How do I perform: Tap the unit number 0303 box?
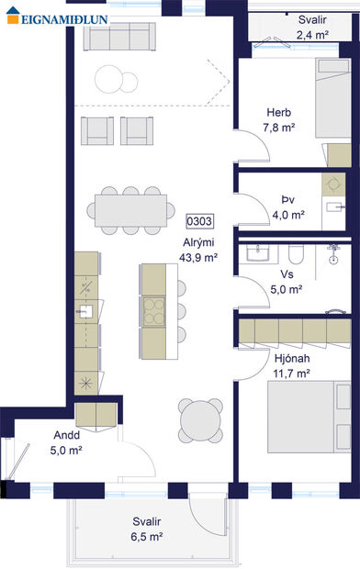pyautogui.click(x=199, y=221)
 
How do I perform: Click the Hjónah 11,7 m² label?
pyautogui.click(x=292, y=365)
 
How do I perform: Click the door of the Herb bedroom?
pyautogui.click(x=246, y=145)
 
